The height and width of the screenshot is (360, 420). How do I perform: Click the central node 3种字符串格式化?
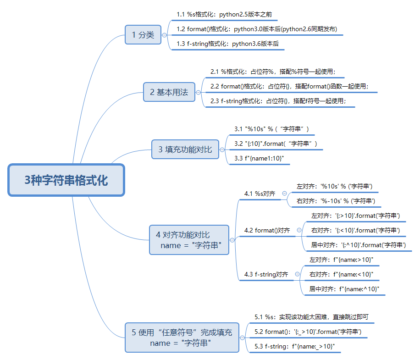[66, 180]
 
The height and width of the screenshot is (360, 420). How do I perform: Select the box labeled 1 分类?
[143, 34]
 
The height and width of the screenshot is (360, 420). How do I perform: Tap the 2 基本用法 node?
[169, 92]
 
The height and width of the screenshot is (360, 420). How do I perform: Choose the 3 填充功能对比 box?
[185, 149]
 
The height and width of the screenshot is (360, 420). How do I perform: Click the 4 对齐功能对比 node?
[189, 240]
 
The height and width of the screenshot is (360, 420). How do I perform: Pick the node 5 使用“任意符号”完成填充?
[182, 338]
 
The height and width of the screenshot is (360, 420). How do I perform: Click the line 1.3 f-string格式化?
[227, 44]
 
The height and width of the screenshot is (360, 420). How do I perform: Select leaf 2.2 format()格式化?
[289, 86]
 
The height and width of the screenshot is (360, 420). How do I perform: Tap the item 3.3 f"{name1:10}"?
[259, 158]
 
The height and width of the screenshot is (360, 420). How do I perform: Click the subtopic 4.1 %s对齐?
[260, 194]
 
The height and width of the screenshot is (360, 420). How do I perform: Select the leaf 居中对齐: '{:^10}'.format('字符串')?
[359, 245]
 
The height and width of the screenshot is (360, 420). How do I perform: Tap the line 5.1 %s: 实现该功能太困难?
[311, 317]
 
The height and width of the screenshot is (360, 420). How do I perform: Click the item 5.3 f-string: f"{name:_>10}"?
[295, 346]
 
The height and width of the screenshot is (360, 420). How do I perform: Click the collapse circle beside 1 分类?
[165, 34]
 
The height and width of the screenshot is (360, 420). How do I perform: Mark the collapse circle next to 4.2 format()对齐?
[299, 230]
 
